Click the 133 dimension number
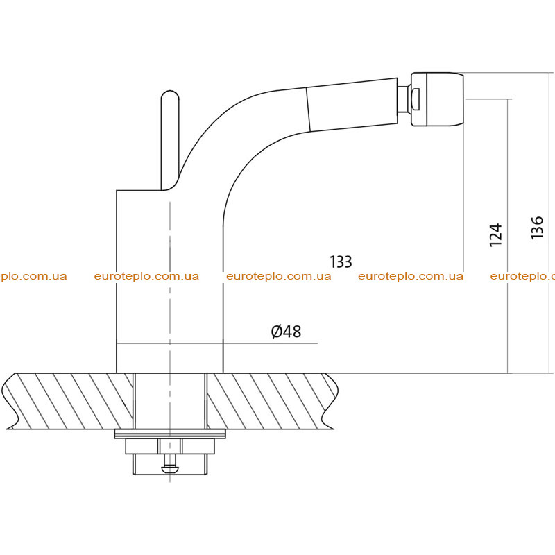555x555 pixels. click(341, 262)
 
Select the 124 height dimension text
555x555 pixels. click(495, 235)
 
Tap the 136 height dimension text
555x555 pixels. click(537, 228)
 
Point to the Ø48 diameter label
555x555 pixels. click(286, 332)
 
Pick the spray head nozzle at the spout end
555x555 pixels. click(437, 99)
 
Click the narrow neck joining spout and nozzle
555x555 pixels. click(404, 99)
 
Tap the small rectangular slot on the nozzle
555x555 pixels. click(417, 99)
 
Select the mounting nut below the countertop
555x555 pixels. click(170, 446)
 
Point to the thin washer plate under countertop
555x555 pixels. click(170, 434)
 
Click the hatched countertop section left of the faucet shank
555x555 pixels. click(68, 401)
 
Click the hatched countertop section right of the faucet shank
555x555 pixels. click(272, 401)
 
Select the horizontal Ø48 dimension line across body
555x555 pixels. click(216, 343)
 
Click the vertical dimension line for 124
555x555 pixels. click(508, 236)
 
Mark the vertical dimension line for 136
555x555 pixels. click(549, 223)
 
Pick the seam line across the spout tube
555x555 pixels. click(308, 110)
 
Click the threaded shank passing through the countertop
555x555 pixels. click(170, 401)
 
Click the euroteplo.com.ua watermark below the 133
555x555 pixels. click(279, 276)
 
